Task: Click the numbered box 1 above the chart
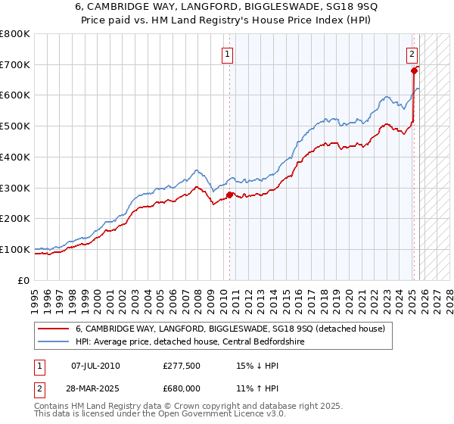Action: tap(228, 54)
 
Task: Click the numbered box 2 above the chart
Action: tap(412, 54)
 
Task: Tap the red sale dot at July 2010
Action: tap(230, 195)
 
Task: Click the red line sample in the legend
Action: tap(54, 329)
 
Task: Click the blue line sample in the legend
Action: tap(54, 342)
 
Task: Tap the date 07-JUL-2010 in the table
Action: tap(95, 366)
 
